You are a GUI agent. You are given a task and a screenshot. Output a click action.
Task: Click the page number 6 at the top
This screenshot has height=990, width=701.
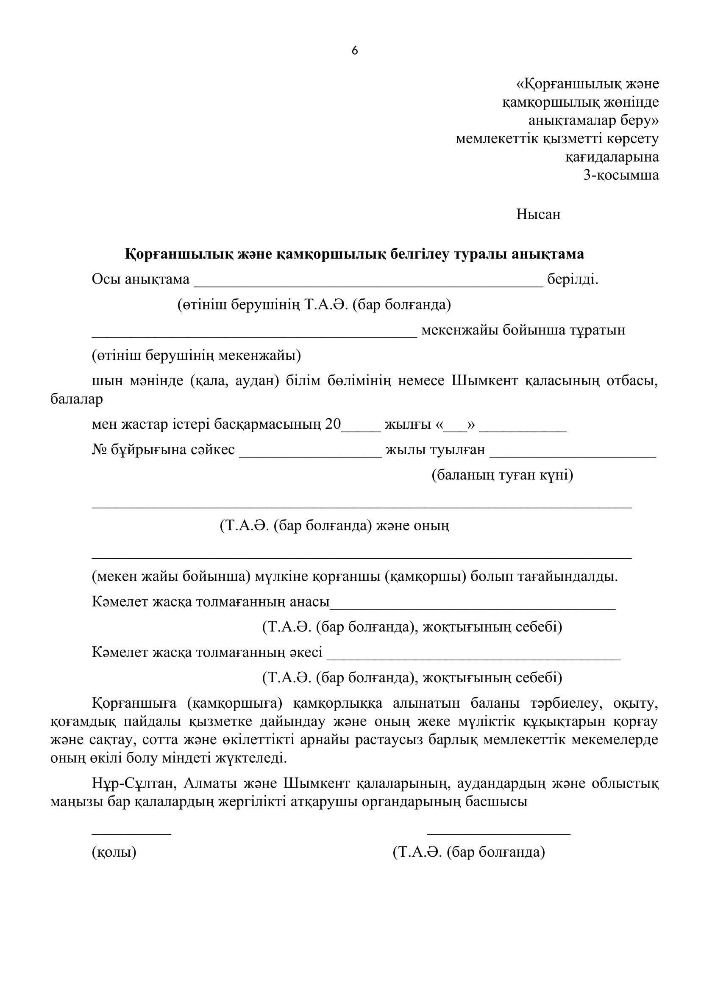[354, 51]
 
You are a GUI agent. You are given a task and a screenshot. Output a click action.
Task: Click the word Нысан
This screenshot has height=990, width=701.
[538, 214]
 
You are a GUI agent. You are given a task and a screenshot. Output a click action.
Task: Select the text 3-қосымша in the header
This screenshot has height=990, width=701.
[621, 175]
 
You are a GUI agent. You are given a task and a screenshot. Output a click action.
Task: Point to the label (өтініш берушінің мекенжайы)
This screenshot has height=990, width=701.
[196, 356]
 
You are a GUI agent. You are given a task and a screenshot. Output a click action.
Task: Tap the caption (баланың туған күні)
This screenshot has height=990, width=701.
[503, 475]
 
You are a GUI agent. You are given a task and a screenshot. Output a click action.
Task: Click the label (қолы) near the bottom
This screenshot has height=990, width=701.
[114, 852]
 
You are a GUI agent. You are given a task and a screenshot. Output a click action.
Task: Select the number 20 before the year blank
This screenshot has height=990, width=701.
[333, 425]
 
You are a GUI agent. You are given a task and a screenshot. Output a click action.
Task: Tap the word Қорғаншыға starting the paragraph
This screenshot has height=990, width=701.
[134, 703]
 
